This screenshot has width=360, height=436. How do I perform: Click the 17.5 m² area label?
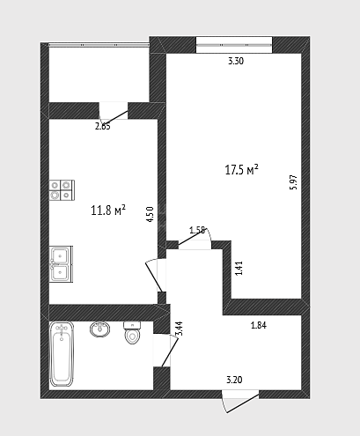pos(241,170)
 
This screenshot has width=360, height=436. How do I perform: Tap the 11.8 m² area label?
pos(108,210)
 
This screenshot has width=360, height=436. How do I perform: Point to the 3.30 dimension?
pos(236,61)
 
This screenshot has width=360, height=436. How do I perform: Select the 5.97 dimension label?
pos(293,182)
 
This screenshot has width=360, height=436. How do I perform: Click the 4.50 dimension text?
pos(150,214)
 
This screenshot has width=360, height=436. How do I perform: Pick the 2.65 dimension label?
pos(103,127)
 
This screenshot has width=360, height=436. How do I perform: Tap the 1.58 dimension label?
pos(197,230)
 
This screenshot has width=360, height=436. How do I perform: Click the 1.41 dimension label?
pos(239,268)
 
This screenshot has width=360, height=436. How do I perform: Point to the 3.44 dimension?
pos(179,329)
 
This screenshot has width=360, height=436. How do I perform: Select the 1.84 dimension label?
pos(259,325)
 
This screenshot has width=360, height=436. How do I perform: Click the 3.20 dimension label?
pos(234,380)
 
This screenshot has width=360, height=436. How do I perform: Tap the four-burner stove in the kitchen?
pos(62,190)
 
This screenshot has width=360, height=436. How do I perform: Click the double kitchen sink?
pos(61,264)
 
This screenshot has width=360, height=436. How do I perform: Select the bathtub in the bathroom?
pos(62,354)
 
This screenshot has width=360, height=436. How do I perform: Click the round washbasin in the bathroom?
pos(99,329)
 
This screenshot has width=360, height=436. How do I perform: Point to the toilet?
pos(132,333)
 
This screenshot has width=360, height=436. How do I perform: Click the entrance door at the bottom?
pos(240,402)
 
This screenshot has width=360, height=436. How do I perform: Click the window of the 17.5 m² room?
pos(234,45)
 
